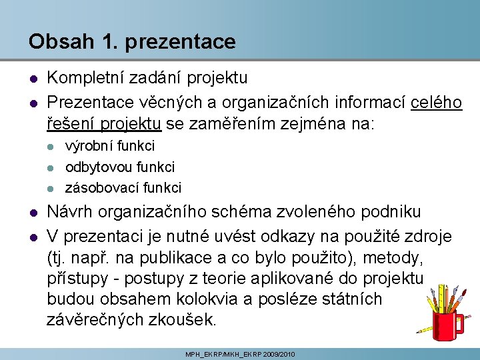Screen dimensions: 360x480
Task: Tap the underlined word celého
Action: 437,102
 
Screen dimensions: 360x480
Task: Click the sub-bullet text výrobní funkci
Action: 110,145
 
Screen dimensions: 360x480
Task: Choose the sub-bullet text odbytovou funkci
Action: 120,167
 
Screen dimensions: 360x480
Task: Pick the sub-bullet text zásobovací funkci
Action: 123,188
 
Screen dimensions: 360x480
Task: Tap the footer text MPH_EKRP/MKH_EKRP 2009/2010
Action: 240,354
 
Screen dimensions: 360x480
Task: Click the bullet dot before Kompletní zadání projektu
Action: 33,79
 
